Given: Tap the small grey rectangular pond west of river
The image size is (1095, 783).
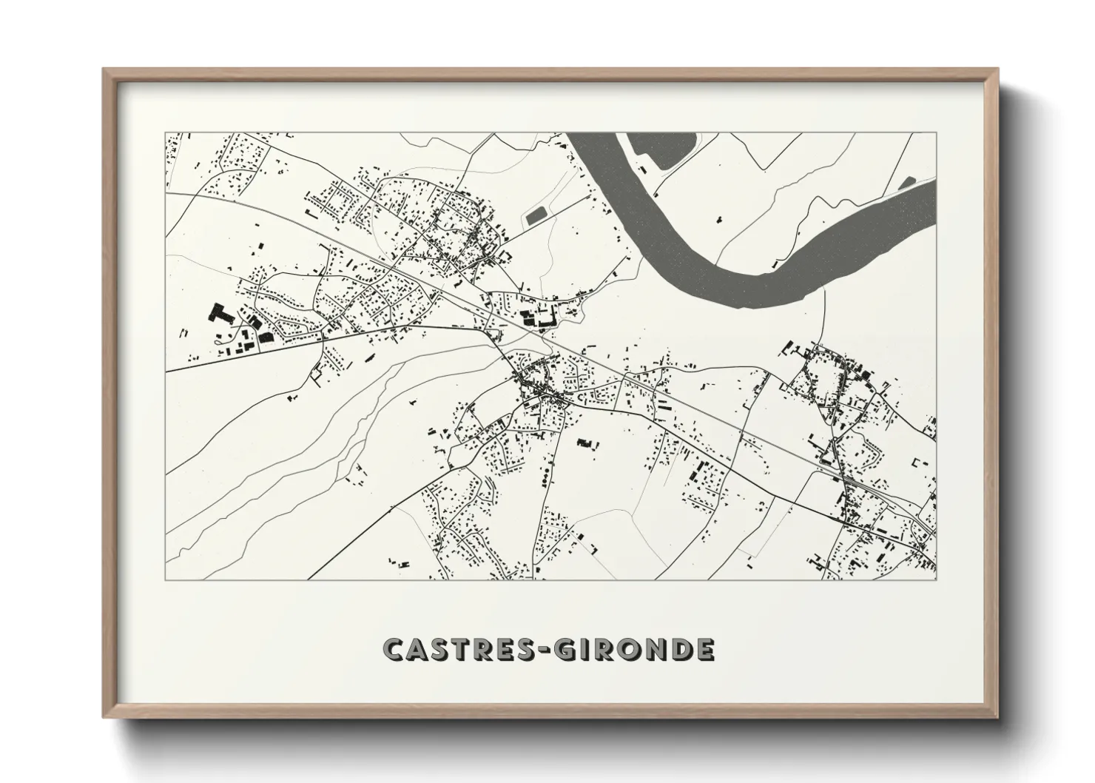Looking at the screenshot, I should click(534, 216).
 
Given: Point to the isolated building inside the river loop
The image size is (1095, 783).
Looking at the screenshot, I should click(718, 219).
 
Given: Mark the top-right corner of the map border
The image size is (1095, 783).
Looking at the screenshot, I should click(935, 133).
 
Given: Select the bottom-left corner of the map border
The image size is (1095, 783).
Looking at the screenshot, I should click(166, 579).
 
